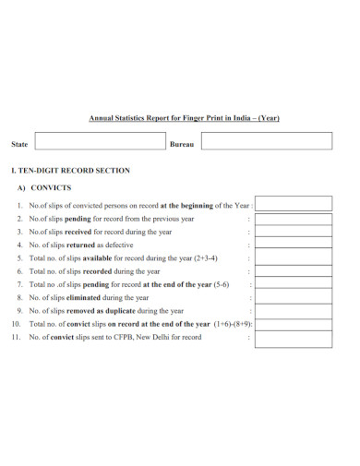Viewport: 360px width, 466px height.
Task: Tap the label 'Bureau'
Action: pos(182,145)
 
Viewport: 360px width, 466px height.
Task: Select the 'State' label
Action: pos(18,145)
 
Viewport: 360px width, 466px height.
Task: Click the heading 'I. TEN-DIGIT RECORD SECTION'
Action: pos(70,171)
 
